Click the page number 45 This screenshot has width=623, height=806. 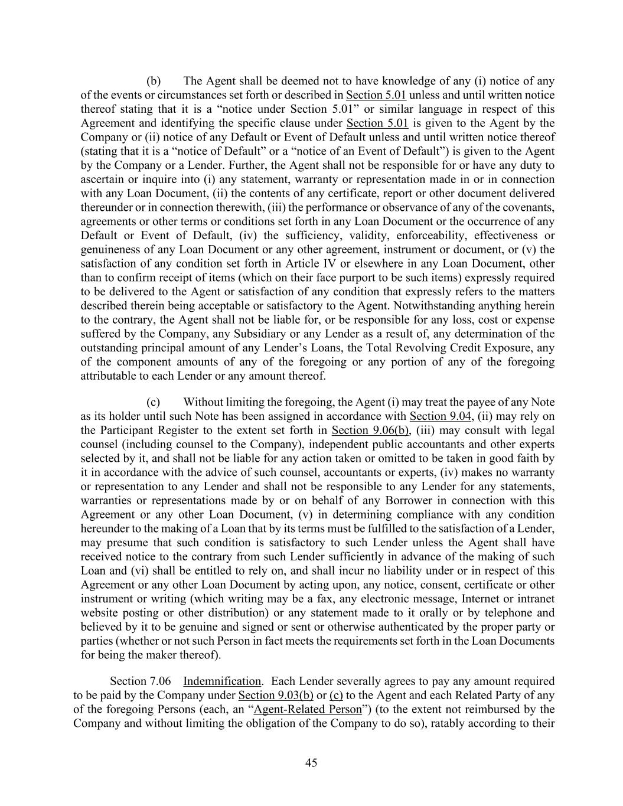311,763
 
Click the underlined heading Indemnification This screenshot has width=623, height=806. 222,681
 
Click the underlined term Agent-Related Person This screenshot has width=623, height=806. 306,709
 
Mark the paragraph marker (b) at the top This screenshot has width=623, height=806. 154,81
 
